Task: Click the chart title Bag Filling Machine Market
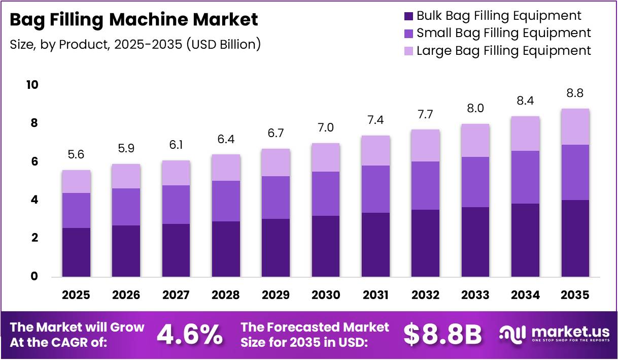[x=134, y=20]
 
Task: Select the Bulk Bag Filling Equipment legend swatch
[x=409, y=16]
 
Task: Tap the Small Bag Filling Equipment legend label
[x=503, y=34]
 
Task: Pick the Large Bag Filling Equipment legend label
[x=503, y=51]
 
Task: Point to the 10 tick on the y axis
[x=32, y=85]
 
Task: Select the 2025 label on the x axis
[x=76, y=295]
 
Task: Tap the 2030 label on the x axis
[x=326, y=295]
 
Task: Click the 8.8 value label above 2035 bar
[x=575, y=94]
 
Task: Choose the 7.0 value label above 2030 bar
[x=326, y=128]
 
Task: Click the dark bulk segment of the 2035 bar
[x=575, y=239]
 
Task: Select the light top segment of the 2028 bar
[x=226, y=168]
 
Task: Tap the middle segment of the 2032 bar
[x=426, y=185]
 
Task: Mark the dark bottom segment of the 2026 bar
[x=126, y=251]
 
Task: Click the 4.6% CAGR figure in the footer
[x=190, y=334]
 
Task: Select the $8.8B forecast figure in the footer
[x=442, y=334]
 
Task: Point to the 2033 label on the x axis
[x=475, y=295]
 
